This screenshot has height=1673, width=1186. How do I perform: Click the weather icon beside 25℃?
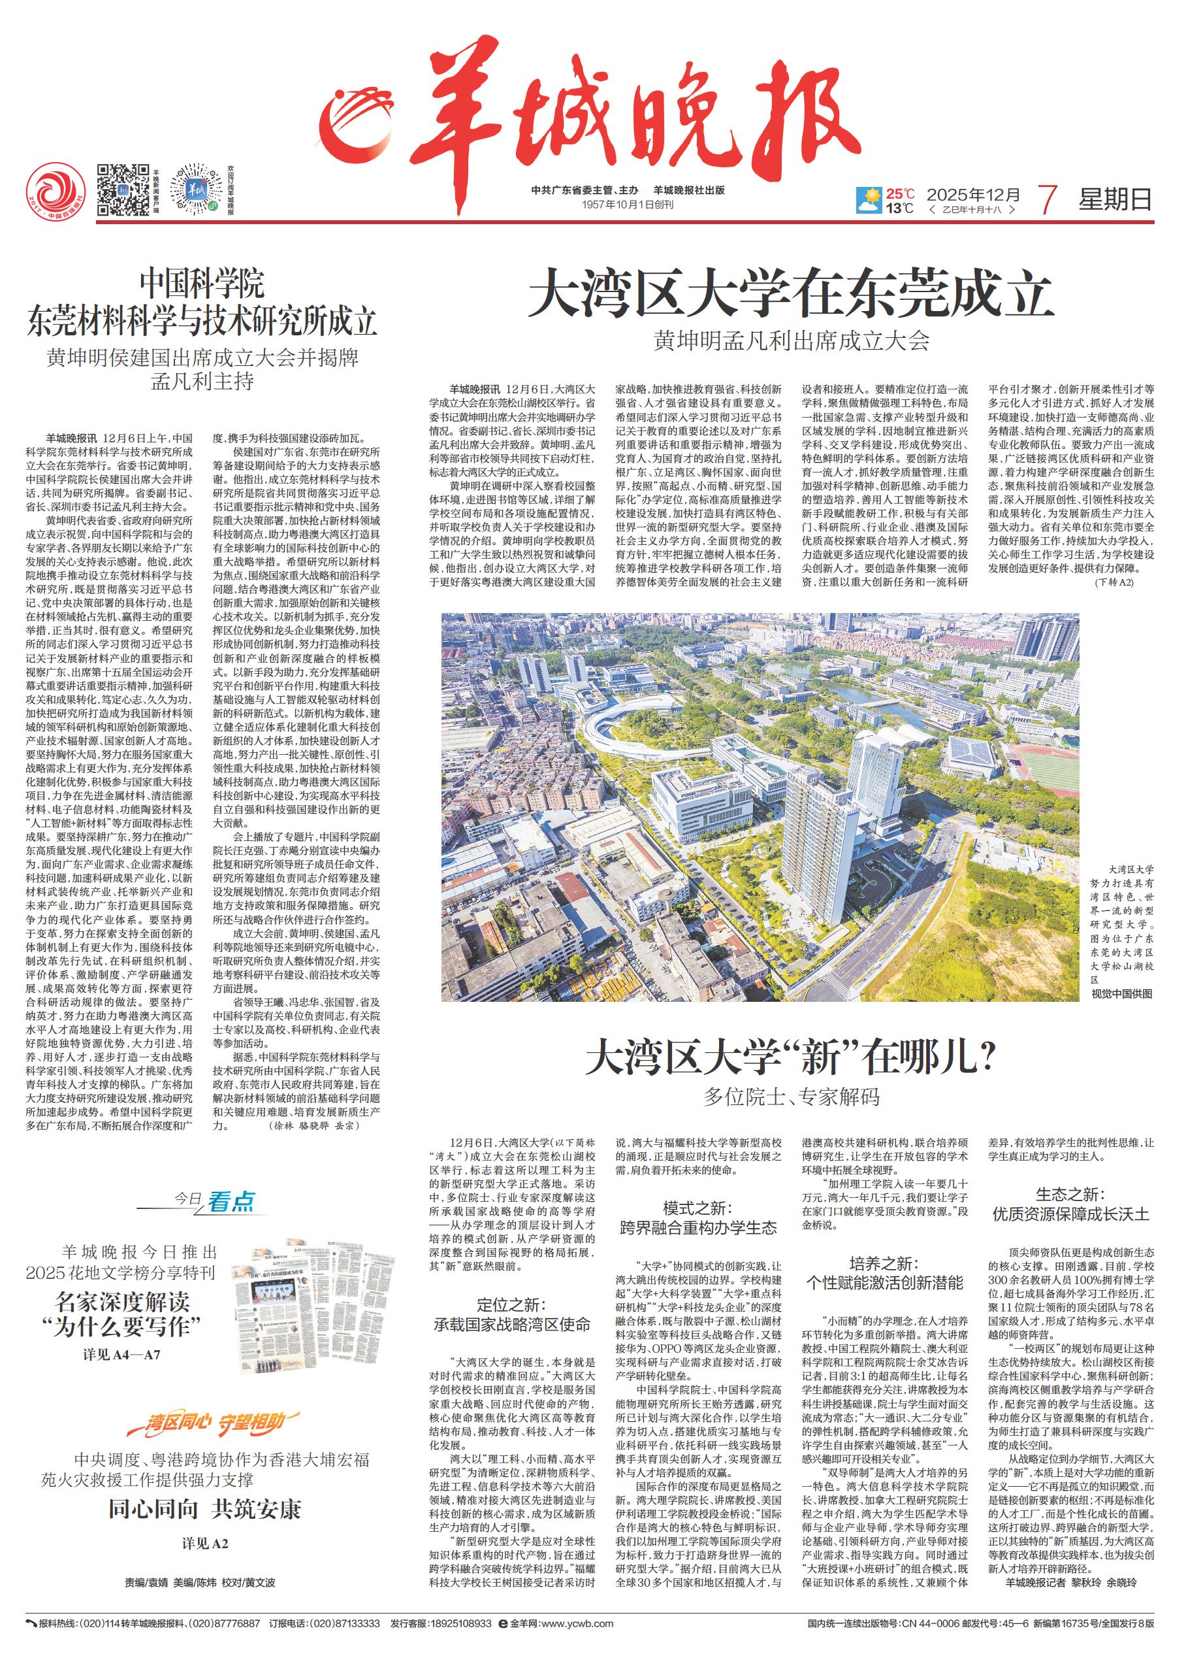(871, 199)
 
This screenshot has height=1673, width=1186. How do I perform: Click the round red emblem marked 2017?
(56, 192)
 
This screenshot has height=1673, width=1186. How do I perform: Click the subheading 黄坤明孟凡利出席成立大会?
(791, 340)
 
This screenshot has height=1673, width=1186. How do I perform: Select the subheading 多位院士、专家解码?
(791, 1097)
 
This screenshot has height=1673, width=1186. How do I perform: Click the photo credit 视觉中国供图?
(1122, 993)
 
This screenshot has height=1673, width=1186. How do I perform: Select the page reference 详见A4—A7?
(121, 1355)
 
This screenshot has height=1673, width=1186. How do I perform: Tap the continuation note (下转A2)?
(1114, 582)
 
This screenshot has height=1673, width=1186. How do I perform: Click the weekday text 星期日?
(1115, 199)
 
